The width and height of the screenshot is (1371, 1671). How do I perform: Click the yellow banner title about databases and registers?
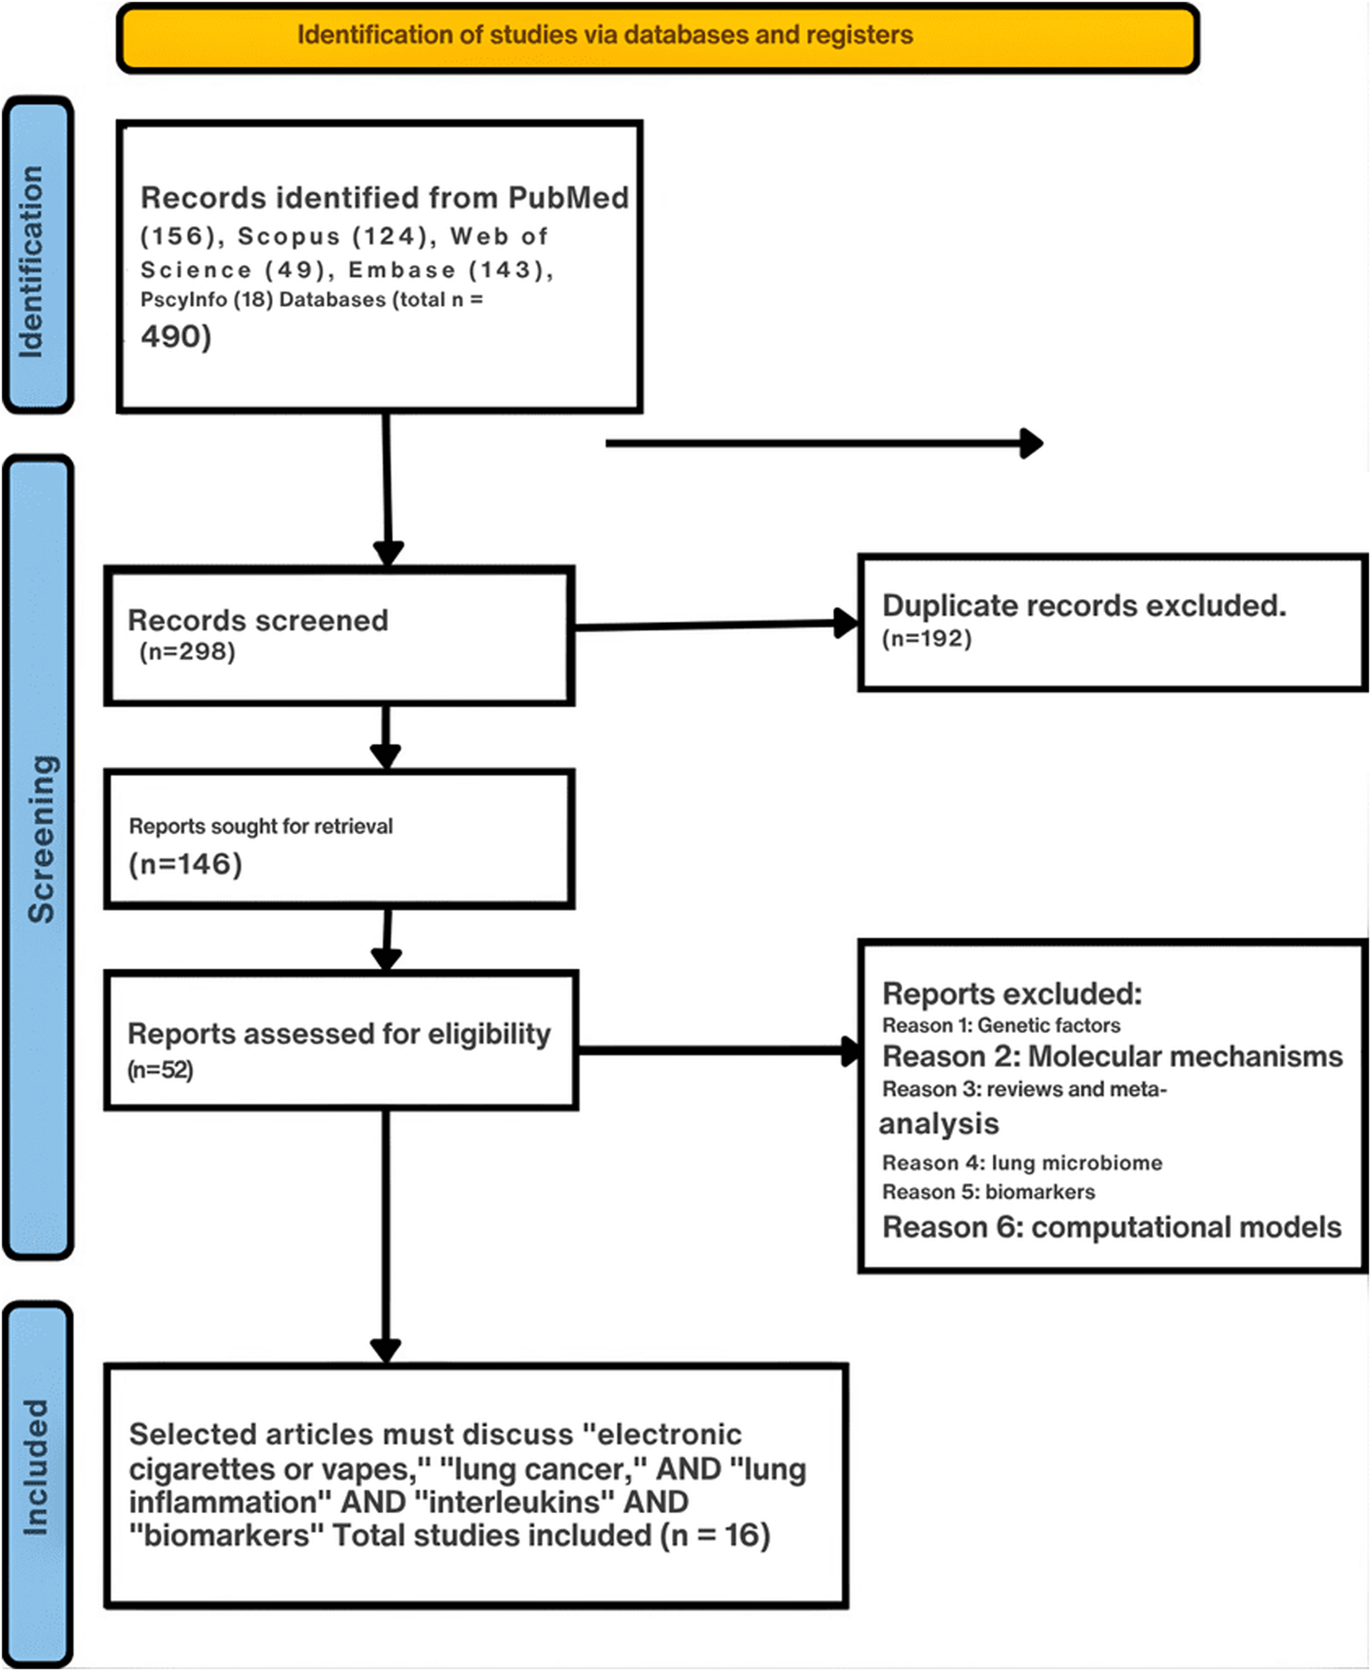coord(604,35)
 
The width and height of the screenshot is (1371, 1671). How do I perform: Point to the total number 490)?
coord(176,336)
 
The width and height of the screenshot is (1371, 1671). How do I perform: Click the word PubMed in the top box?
coord(568,198)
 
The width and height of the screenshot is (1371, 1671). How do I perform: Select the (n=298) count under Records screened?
coord(187,651)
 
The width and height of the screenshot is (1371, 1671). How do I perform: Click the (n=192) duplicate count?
coord(926,639)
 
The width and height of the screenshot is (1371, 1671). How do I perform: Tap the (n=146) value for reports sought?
coord(185,864)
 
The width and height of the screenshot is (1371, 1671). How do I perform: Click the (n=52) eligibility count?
coord(160,1070)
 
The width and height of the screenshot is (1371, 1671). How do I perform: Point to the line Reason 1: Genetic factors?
coord(1000,1026)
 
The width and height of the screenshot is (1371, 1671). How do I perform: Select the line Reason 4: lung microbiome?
coord(1022,1163)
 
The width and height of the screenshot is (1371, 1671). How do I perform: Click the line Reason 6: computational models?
coord(1111,1228)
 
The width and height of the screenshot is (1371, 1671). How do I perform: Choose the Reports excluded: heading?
coord(1012,994)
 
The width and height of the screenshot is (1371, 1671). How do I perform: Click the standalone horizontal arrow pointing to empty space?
coord(823,443)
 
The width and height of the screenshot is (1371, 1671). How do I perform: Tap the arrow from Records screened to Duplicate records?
coord(715,625)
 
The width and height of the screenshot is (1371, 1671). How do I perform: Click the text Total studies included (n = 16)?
coord(550,1535)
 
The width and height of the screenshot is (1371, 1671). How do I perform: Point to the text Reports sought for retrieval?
coord(260,826)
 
